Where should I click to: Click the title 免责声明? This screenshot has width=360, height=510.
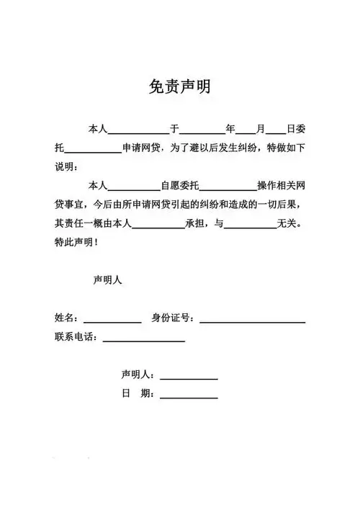coord(180,87)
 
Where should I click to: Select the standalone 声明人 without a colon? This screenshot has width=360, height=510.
coord(108,281)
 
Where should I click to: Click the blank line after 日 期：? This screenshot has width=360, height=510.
coord(189,395)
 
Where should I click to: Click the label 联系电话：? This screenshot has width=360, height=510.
coord(78,336)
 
